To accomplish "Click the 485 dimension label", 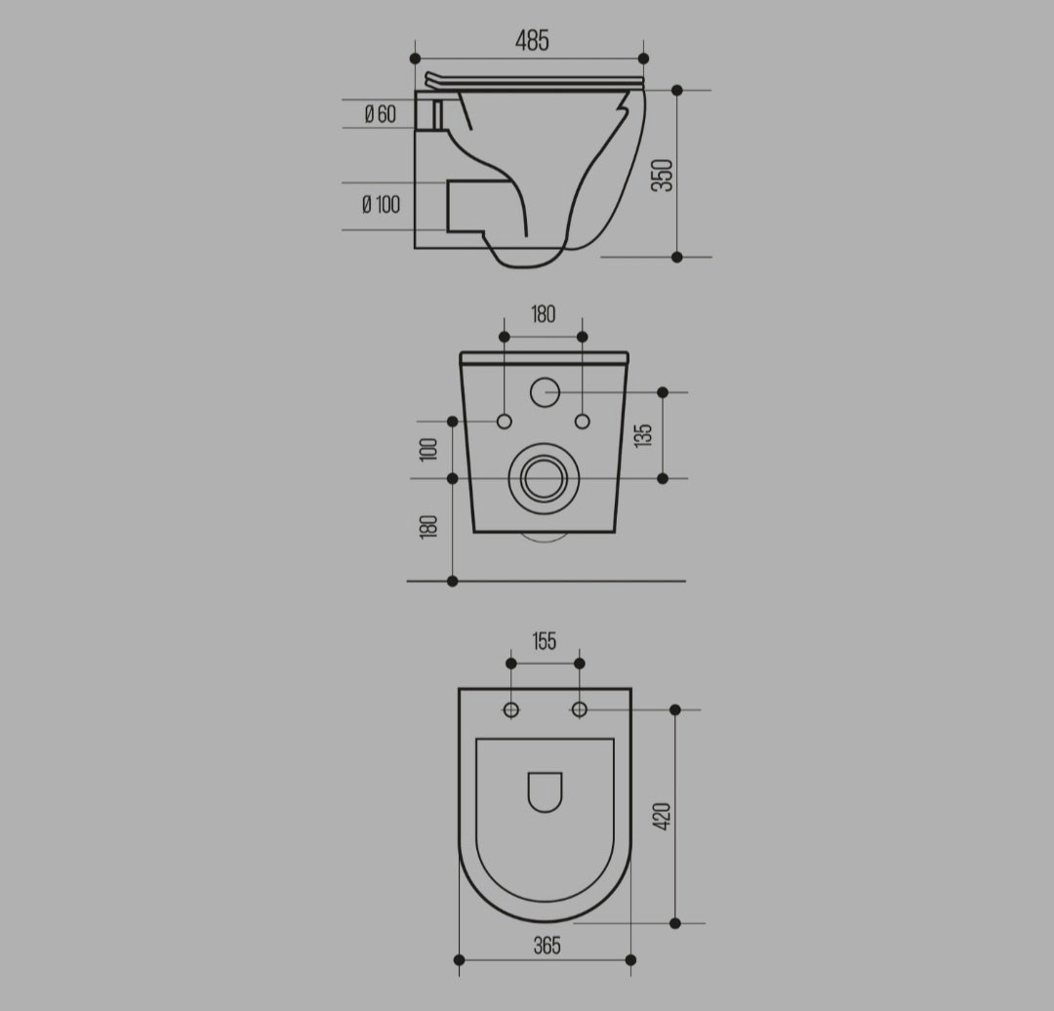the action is pyautogui.click(x=532, y=41).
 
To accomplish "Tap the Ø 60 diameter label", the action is pyautogui.click(x=381, y=114).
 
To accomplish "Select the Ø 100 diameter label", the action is pyautogui.click(x=382, y=204).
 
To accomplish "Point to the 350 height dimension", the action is pyautogui.click(x=663, y=175).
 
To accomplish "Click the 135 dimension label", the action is pyautogui.click(x=643, y=435).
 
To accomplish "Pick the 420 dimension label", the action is pyautogui.click(x=662, y=816).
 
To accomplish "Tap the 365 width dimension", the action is pyautogui.click(x=547, y=946).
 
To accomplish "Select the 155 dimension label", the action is pyautogui.click(x=545, y=641).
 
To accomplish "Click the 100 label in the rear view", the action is pyautogui.click(x=428, y=449).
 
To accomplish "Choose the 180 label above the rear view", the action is pyautogui.click(x=544, y=314).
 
